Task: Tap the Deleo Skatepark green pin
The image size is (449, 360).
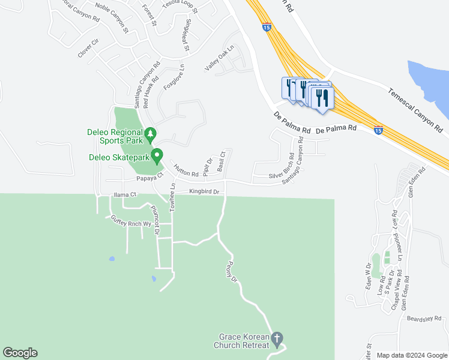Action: pyautogui.click(x=157, y=156)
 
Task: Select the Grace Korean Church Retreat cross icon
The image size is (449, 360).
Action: pyautogui.click(x=277, y=339)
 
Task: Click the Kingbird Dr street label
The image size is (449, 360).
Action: pyautogui.click(x=205, y=192)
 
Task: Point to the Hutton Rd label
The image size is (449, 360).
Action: pyautogui.click(x=186, y=170)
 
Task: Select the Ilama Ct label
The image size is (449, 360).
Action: pyautogui.click(x=125, y=194)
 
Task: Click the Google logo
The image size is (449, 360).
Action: pyautogui.click(x=20, y=353)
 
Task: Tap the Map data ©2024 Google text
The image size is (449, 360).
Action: pyautogui.click(x=411, y=355)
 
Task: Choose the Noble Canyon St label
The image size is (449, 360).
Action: pyautogui.click(x=112, y=20)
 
